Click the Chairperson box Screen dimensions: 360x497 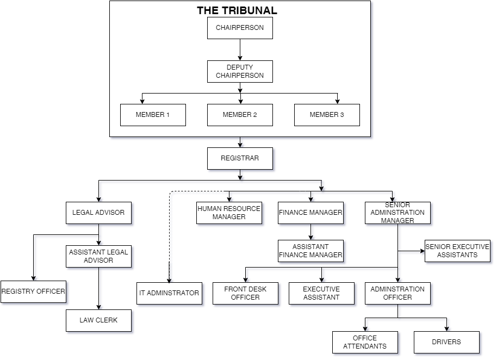[x=240, y=28]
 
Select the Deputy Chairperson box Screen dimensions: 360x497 [x=240, y=71]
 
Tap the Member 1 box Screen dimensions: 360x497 [x=153, y=115]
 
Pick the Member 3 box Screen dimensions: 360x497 [x=327, y=115]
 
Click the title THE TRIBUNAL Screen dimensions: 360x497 [x=237, y=10]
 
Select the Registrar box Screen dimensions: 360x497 [x=240, y=158]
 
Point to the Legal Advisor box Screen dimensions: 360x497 [x=98, y=213]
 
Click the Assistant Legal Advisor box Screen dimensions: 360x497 [x=98, y=256]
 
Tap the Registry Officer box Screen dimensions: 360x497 [x=33, y=291]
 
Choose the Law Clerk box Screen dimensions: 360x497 [x=98, y=320]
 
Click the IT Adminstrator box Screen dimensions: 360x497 [x=169, y=293]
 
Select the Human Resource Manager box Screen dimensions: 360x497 [x=229, y=213]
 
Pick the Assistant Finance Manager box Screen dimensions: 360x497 [x=310, y=251]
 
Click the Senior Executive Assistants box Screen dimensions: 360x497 [x=457, y=251]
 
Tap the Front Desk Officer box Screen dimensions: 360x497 [x=245, y=293]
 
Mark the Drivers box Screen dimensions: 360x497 [x=446, y=342]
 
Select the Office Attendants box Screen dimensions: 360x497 [x=365, y=342]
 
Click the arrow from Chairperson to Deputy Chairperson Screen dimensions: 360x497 [x=240, y=49]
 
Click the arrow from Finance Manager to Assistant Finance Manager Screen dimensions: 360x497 [x=310, y=232]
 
